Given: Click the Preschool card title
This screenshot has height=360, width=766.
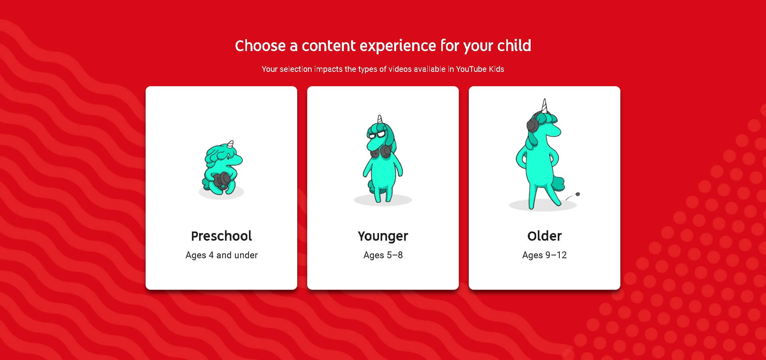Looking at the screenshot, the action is pyautogui.click(x=221, y=236).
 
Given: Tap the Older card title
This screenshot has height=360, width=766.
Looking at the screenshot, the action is pyautogui.click(x=545, y=236).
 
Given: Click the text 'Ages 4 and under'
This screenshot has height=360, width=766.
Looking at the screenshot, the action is pyautogui.click(x=221, y=255).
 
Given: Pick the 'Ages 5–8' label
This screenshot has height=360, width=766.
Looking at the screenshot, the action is pyautogui.click(x=383, y=255).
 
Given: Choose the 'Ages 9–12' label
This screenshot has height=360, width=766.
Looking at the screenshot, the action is pyautogui.click(x=545, y=255).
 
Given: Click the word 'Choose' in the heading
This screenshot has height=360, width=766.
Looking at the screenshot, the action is pyautogui.click(x=260, y=46).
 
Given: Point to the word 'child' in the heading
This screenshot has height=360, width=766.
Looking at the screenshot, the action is pyautogui.click(x=514, y=45).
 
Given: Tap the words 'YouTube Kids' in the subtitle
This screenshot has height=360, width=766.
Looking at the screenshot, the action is pyautogui.click(x=480, y=69).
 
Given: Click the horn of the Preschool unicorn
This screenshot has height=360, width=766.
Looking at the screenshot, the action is pyautogui.click(x=231, y=144).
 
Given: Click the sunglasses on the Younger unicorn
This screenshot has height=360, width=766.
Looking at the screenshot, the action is pyautogui.click(x=377, y=135).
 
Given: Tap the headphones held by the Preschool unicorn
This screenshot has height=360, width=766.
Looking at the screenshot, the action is pyautogui.click(x=221, y=180).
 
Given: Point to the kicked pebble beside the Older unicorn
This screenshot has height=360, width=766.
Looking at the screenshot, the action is pyautogui.click(x=577, y=194).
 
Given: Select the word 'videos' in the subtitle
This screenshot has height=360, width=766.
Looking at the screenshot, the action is pyautogui.click(x=400, y=69).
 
